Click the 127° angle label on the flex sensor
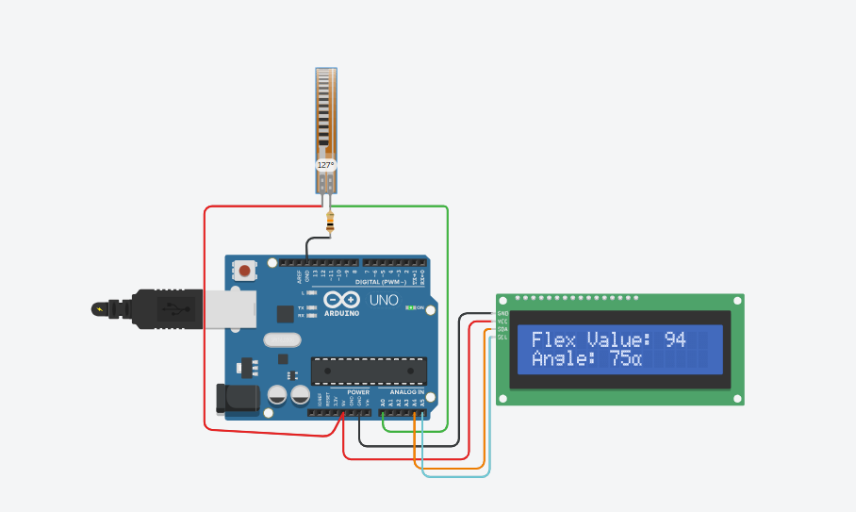tap(325, 165)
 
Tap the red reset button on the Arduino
tap(245, 271)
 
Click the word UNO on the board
tap(383, 301)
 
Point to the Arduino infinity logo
tap(341, 300)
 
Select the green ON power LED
tap(410, 307)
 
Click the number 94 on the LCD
tap(674, 340)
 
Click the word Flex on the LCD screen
tap(552, 340)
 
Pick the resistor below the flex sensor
tap(330, 223)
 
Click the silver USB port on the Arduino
tap(229, 308)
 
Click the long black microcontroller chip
tap(369, 371)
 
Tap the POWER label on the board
tap(358, 392)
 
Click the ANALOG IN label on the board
tap(407, 392)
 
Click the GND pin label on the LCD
tap(502, 314)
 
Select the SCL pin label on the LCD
tap(502, 337)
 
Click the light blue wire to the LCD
tap(455, 475)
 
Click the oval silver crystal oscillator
tap(282, 339)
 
